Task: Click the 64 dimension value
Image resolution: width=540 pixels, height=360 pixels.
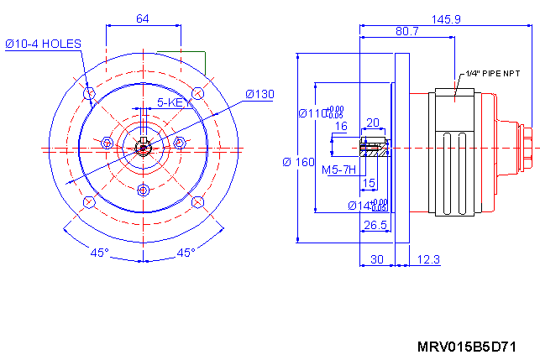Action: click(142, 18)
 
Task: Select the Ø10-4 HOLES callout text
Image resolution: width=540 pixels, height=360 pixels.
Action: click(43, 43)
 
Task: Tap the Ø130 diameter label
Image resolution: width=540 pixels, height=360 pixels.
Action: click(260, 94)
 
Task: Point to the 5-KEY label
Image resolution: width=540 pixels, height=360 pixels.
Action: click(170, 102)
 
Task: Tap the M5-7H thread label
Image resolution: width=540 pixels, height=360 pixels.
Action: click(340, 170)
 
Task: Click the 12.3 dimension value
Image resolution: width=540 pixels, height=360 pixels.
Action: click(427, 260)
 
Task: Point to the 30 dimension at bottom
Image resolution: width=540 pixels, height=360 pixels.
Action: click(377, 260)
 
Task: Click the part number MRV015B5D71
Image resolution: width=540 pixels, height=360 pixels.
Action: click(466, 347)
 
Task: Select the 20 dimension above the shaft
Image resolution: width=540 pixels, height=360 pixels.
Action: click(374, 123)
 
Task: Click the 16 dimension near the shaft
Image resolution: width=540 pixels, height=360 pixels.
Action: click(341, 127)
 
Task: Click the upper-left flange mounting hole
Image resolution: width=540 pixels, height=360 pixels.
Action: click(89, 92)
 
